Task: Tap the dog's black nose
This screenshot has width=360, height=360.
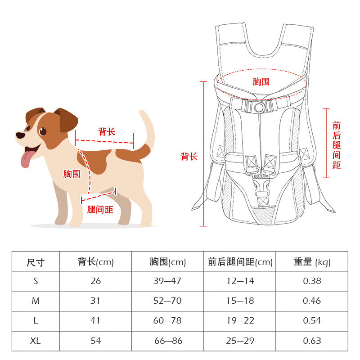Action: (x=20, y=135)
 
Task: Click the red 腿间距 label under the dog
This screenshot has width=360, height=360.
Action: (x=100, y=210)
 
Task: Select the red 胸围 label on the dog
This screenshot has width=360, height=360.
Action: (x=72, y=174)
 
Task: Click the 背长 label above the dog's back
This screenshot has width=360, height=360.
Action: (x=107, y=131)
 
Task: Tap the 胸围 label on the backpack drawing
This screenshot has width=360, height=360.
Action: (x=261, y=82)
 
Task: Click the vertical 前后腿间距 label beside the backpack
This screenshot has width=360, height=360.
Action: (x=337, y=145)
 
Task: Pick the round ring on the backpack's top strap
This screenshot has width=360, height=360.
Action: (x=260, y=107)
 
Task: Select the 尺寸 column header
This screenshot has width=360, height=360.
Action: (x=36, y=262)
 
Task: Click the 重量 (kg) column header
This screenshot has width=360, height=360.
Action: (x=312, y=262)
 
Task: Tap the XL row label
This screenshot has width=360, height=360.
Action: (x=36, y=341)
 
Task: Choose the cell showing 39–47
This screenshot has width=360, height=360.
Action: (x=167, y=281)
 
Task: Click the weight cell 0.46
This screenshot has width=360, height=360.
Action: (x=312, y=301)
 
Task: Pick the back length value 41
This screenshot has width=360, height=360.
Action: (x=95, y=320)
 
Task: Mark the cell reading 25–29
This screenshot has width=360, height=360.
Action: (x=240, y=341)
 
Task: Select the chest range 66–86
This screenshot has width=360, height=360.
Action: (x=168, y=341)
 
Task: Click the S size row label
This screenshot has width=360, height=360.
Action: (x=36, y=281)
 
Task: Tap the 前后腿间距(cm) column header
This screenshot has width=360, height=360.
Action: (x=240, y=262)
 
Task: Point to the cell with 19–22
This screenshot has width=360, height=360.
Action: (x=240, y=320)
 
